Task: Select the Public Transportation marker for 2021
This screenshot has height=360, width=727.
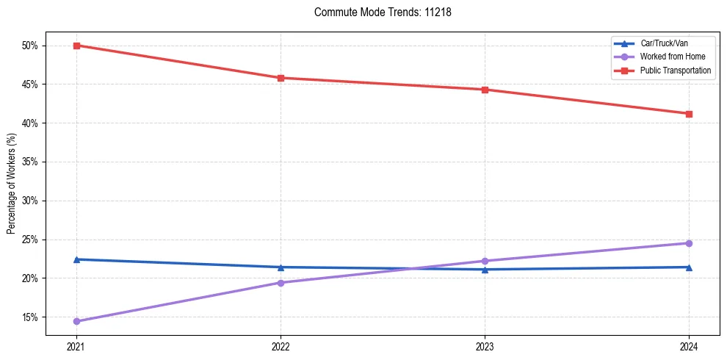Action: click(x=76, y=46)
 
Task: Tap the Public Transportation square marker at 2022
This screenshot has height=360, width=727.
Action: click(x=281, y=78)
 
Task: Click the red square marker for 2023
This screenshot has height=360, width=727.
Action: click(x=485, y=90)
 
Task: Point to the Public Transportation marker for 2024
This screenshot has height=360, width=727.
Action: click(x=689, y=114)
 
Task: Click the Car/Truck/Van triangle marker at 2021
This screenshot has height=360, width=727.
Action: click(x=76, y=259)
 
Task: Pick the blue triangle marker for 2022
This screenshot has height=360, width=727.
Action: click(x=281, y=267)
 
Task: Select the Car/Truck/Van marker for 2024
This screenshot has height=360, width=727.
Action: click(x=689, y=267)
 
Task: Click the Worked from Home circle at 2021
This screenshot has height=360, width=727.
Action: click(x=76, y=321)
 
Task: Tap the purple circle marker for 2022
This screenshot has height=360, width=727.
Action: click(x=281, y=283)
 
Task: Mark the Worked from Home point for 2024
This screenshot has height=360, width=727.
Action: click(x=689, y=243)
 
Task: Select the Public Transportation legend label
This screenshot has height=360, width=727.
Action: click(x=675, y=71)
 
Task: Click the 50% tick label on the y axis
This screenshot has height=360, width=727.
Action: click(x=30, y=46)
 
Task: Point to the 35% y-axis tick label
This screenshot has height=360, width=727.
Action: click(x=30, y=162)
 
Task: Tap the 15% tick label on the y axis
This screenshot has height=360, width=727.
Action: click(x=30, y=317)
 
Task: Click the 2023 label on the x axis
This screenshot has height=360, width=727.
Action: click(x=485, y=347)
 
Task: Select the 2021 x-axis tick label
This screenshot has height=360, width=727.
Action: click(x=76, y=347)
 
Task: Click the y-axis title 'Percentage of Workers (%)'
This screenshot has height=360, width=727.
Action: click(x=11, y=184)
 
